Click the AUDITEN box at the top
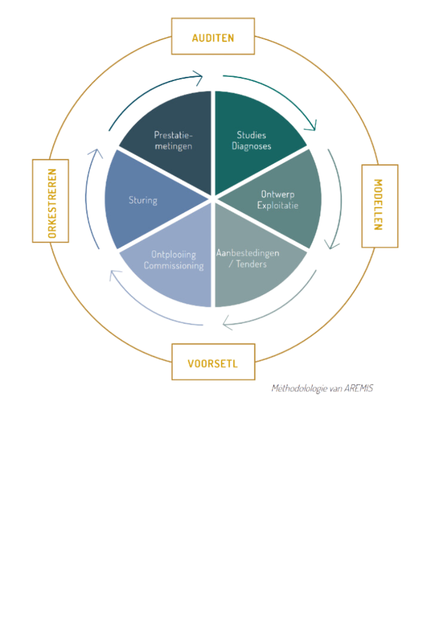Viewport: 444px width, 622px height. coord(213,37)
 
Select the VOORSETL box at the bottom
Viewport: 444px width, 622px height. coord(213,362)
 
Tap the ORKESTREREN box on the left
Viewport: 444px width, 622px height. coord(50,201)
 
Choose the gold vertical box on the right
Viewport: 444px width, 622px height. coord(380,206)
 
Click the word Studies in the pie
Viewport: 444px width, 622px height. coord(251,135)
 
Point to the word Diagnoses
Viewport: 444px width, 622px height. coord(251,146)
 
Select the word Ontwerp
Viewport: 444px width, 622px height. coord(277,195)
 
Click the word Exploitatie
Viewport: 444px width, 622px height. coord(277,206)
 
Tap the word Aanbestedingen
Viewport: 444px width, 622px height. coord(248,253)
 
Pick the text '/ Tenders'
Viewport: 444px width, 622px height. coord(248,264)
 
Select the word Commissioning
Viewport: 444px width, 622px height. coord(174,265)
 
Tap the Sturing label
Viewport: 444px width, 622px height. coord(143,200)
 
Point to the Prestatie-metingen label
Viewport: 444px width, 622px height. coord(173,141)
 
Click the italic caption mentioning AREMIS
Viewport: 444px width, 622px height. coord(322,388)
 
